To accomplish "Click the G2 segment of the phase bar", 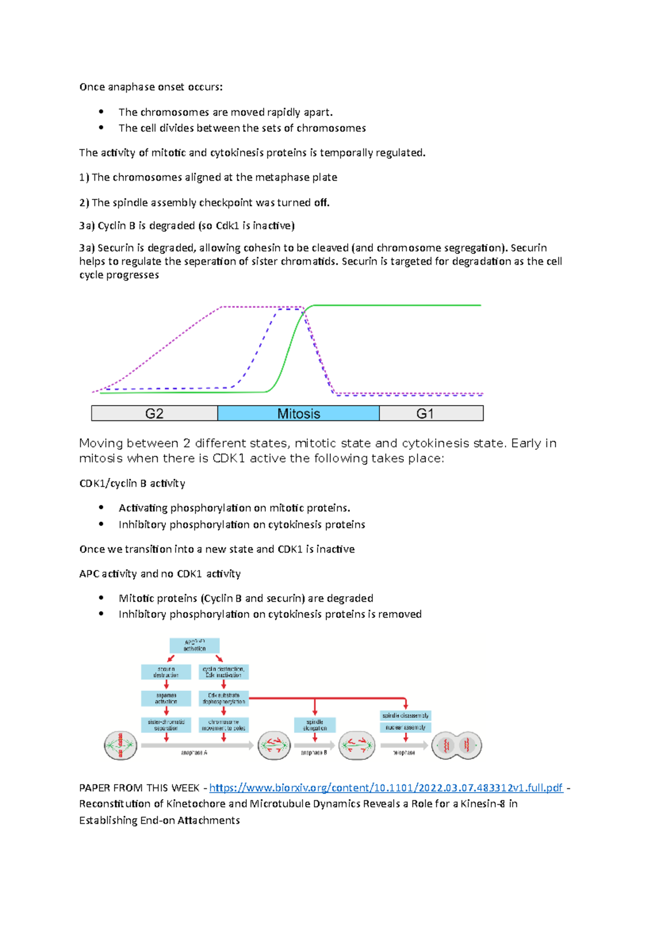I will point(154,413).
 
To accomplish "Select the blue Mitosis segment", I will point(298,413).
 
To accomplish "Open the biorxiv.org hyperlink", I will point(386,787).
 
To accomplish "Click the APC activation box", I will point(194,645).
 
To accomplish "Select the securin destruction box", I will point(166,672).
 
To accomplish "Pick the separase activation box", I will point(166,698).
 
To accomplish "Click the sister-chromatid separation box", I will point(166,725).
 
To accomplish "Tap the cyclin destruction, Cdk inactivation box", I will point(224,672).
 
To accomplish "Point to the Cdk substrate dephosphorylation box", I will point(224,698).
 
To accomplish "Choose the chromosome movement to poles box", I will point(224,725).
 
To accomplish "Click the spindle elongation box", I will point(315,725).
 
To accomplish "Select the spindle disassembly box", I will point(406,715).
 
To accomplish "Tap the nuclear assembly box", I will point(406,727).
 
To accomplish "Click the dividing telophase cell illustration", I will point(457,746).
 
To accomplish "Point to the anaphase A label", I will point(194,753).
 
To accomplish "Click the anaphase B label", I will point(314,753).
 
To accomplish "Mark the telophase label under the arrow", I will point(404,753).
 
